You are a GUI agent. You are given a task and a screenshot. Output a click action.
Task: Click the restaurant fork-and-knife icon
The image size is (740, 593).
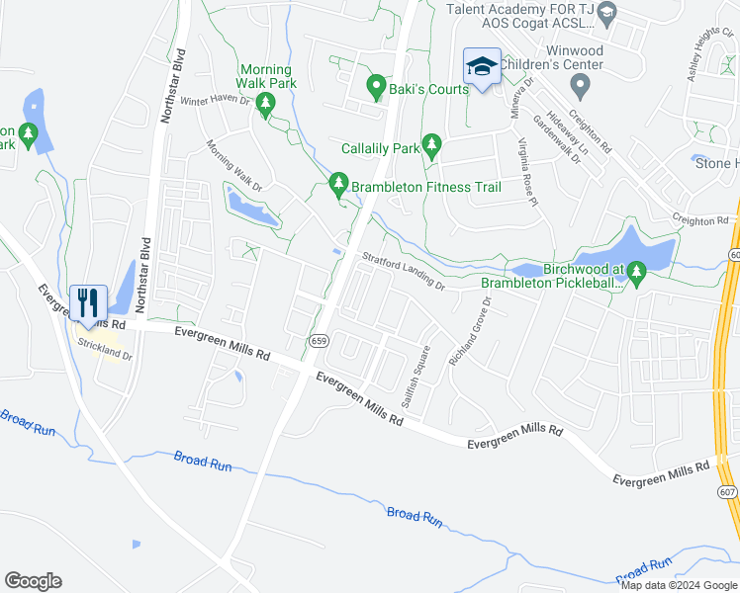point(88,301)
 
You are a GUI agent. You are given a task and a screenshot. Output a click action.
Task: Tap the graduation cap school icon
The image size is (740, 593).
point(482,66)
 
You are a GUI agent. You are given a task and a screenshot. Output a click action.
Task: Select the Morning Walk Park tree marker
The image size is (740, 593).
point(265,104)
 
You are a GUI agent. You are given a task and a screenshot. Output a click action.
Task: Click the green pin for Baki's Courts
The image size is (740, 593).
point(376,87)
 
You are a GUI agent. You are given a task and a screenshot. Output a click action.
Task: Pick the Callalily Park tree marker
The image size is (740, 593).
point(431,145)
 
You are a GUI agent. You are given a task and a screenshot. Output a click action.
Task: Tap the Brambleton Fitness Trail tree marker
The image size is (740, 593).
point(338,184)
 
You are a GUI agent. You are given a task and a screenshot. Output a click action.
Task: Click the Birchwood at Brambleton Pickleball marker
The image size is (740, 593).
point(636,270)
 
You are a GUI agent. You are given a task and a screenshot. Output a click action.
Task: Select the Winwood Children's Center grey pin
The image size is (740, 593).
point(582,87)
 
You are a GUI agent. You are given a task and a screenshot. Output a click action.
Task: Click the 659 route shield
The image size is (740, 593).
point(318,341)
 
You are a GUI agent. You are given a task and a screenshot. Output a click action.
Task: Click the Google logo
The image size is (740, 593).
point(33,581)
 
